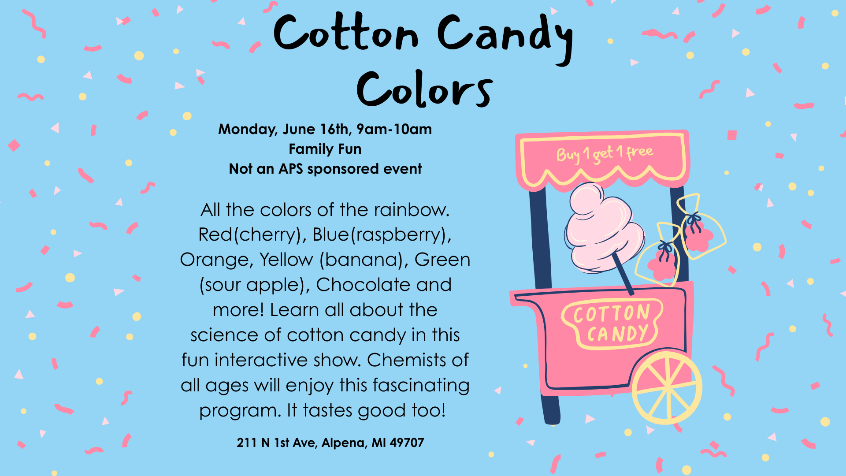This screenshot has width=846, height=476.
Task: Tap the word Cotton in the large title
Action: [x=346, y=33]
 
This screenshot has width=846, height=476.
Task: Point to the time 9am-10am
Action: [x=394, y=129]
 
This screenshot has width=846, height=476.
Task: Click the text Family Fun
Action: [x=325, y=149]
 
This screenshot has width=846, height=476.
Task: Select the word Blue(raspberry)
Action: [x=382, y=234]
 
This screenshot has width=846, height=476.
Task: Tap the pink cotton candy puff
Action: [x=601, y=229]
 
